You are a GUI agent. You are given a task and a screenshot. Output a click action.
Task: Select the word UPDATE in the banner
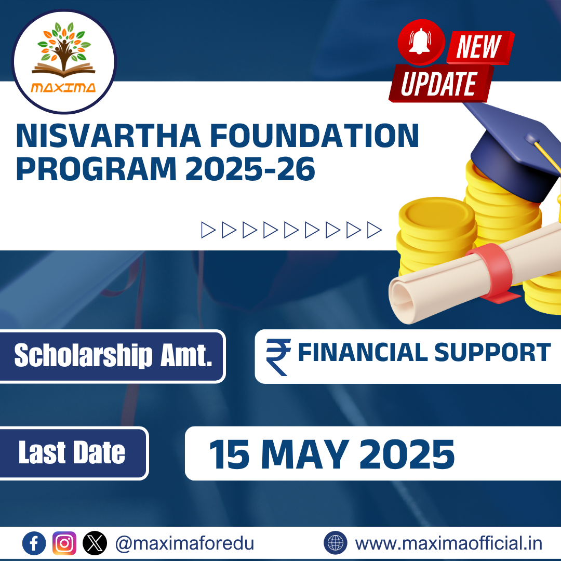(x=439, y=84)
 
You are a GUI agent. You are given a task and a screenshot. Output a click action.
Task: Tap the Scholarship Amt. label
(x=113, y=356)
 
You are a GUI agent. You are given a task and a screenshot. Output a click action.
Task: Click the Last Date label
(x=72, y=453)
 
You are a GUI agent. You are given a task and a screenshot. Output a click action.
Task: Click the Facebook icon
(x=35, y=543)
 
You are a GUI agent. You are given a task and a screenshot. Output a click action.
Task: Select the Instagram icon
(x=64, y=543)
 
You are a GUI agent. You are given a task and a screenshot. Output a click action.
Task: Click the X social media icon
(x=94, y=543)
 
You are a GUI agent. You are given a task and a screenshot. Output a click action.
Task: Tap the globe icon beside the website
(x=336, y=543)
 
